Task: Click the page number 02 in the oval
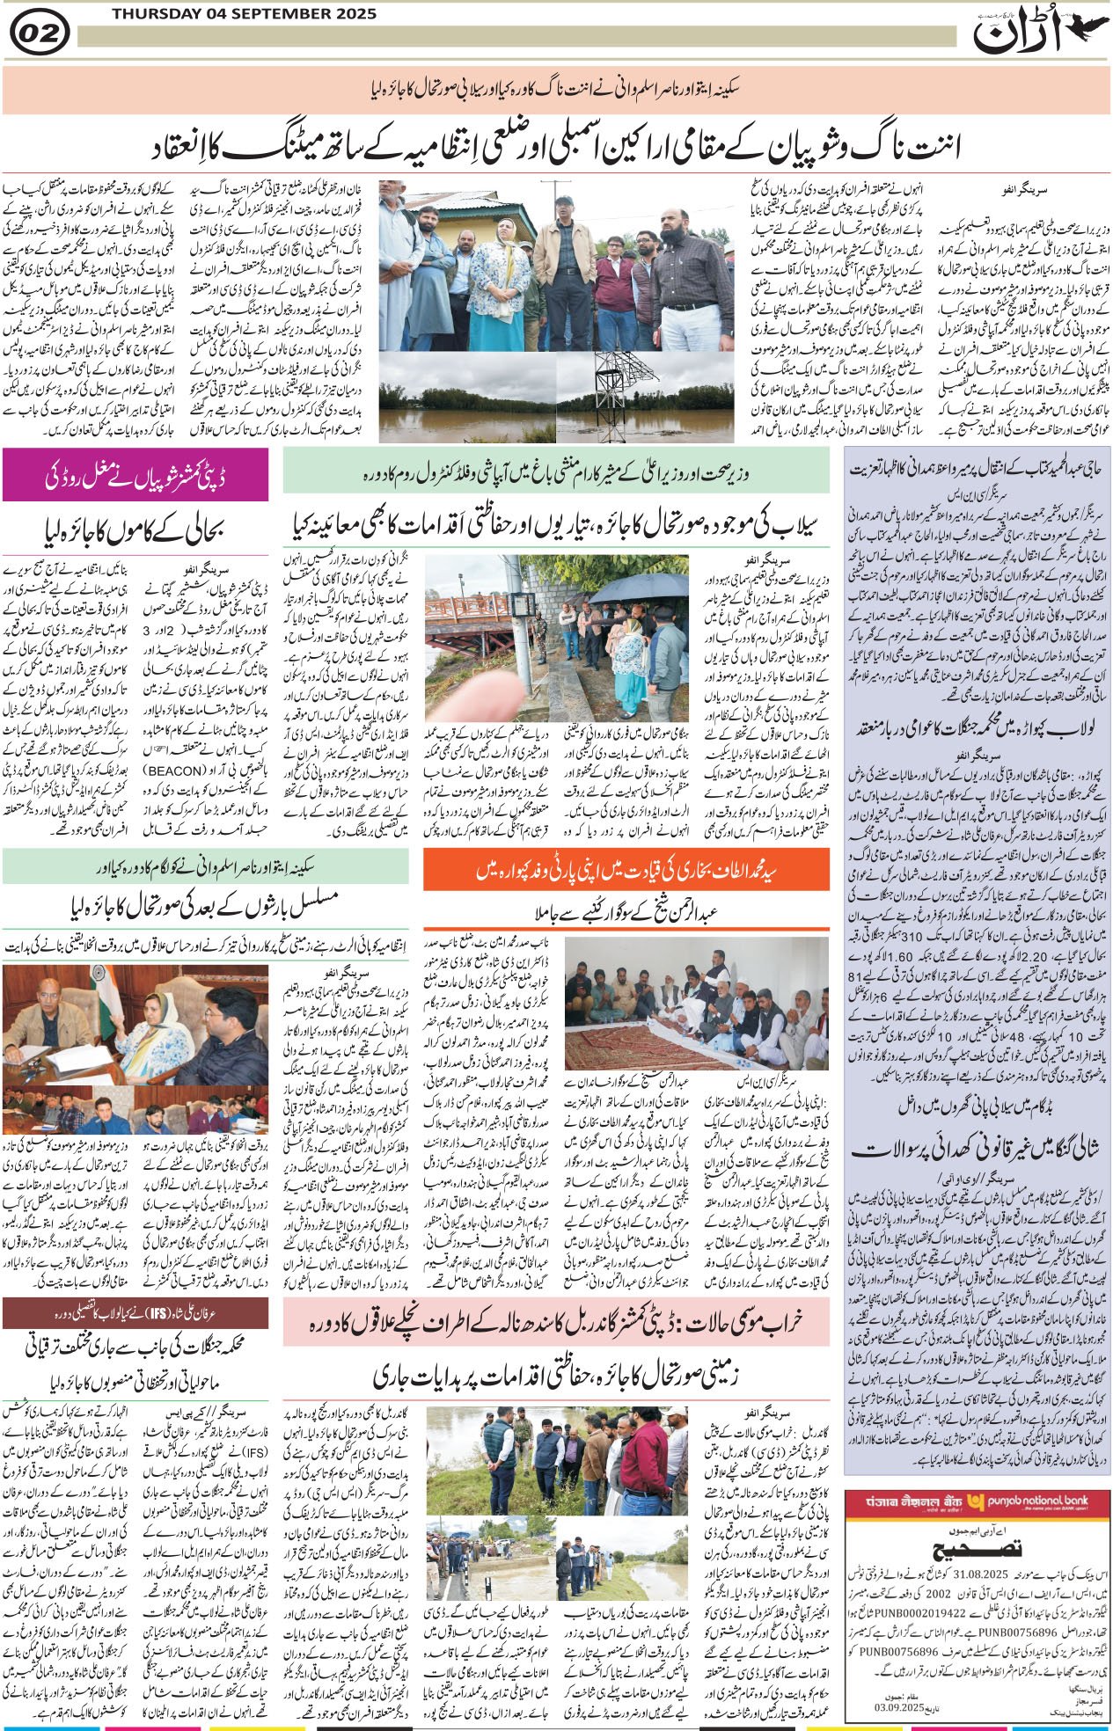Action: [x=37, y=34]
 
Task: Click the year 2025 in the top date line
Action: [x=355, y=14]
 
